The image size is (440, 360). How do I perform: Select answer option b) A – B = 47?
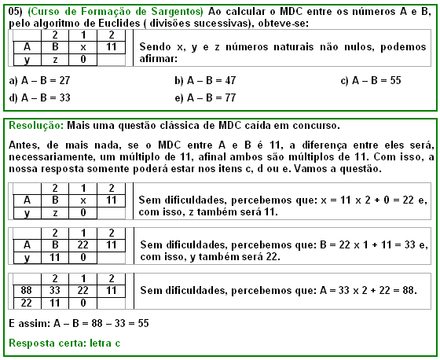click(x=207, y=81)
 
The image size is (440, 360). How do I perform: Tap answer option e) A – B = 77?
click(x=207, y=98)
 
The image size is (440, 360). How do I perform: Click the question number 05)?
click(x=14, y=9)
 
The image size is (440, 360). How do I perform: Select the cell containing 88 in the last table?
click(x=27, y=290)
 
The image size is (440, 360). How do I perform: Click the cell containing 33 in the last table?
click(x=55, y=290)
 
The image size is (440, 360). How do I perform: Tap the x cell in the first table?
click(x=82, y=47)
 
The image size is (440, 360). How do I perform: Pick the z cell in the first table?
click(x=55, y=59)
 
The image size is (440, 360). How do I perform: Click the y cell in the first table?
click(x=27, y=59)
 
